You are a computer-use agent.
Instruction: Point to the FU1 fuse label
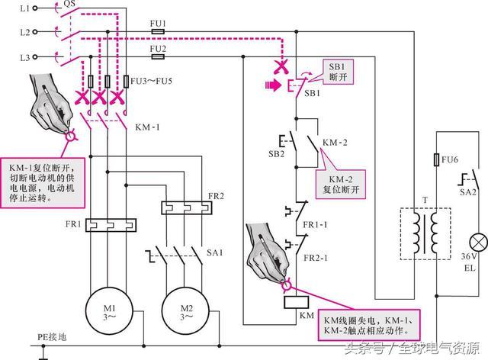[x=159, y=24]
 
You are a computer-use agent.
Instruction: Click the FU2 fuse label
[x=159, y=47]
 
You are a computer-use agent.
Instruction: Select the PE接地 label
[x=53, y=334]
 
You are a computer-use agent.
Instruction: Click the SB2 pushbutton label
[x=276, y=153]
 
